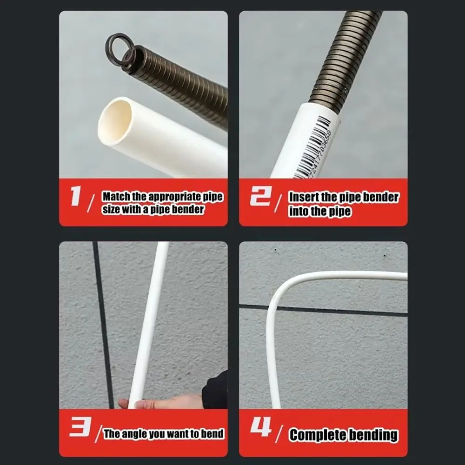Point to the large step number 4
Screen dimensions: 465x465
click(260, 428)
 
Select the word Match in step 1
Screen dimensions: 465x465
click(116, 197)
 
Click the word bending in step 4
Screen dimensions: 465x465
click(374, 435)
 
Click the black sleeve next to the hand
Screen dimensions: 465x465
click(215, 391)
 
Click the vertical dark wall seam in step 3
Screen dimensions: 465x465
click(103, 325)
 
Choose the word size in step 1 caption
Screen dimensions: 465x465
click(111, 210)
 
